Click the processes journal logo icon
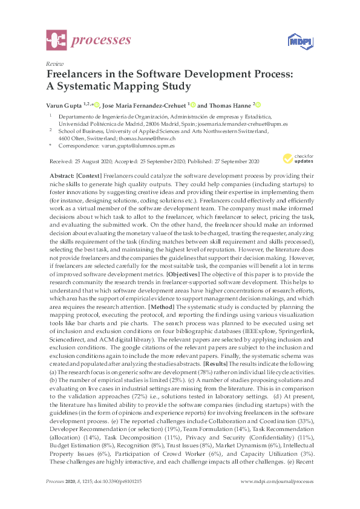tap(56, 41)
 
